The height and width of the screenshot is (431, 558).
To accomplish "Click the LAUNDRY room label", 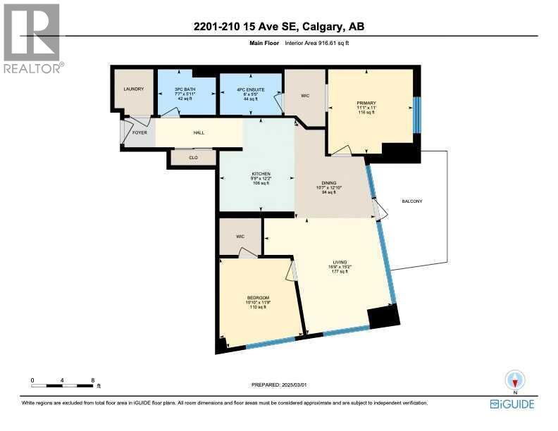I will (x=133, y=89).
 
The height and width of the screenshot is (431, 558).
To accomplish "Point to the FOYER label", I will (x=139, y=131).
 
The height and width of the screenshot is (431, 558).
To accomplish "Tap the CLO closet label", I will (x=192, y=158).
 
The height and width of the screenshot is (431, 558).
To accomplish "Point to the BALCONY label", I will (x=411, y=201).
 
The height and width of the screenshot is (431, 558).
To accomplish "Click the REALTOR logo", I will (x=32, y=39).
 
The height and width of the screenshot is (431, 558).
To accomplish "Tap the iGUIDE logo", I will (x=513, y=404).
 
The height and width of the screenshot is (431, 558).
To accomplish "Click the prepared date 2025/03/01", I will (x=280, y=385).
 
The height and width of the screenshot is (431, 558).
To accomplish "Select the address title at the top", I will (x=278, y=27).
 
